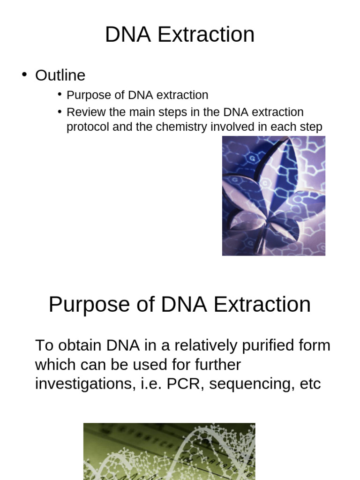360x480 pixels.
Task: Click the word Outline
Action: coord(60,75)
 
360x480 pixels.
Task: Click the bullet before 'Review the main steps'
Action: coord(60,112)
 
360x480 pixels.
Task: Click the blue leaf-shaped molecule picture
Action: coord(273,195)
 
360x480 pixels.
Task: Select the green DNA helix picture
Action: coord(169,451)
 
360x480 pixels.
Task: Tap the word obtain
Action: coord(80,346)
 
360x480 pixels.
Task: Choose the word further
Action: coord(216,365)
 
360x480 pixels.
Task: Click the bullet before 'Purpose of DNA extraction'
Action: coord(60,95)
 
